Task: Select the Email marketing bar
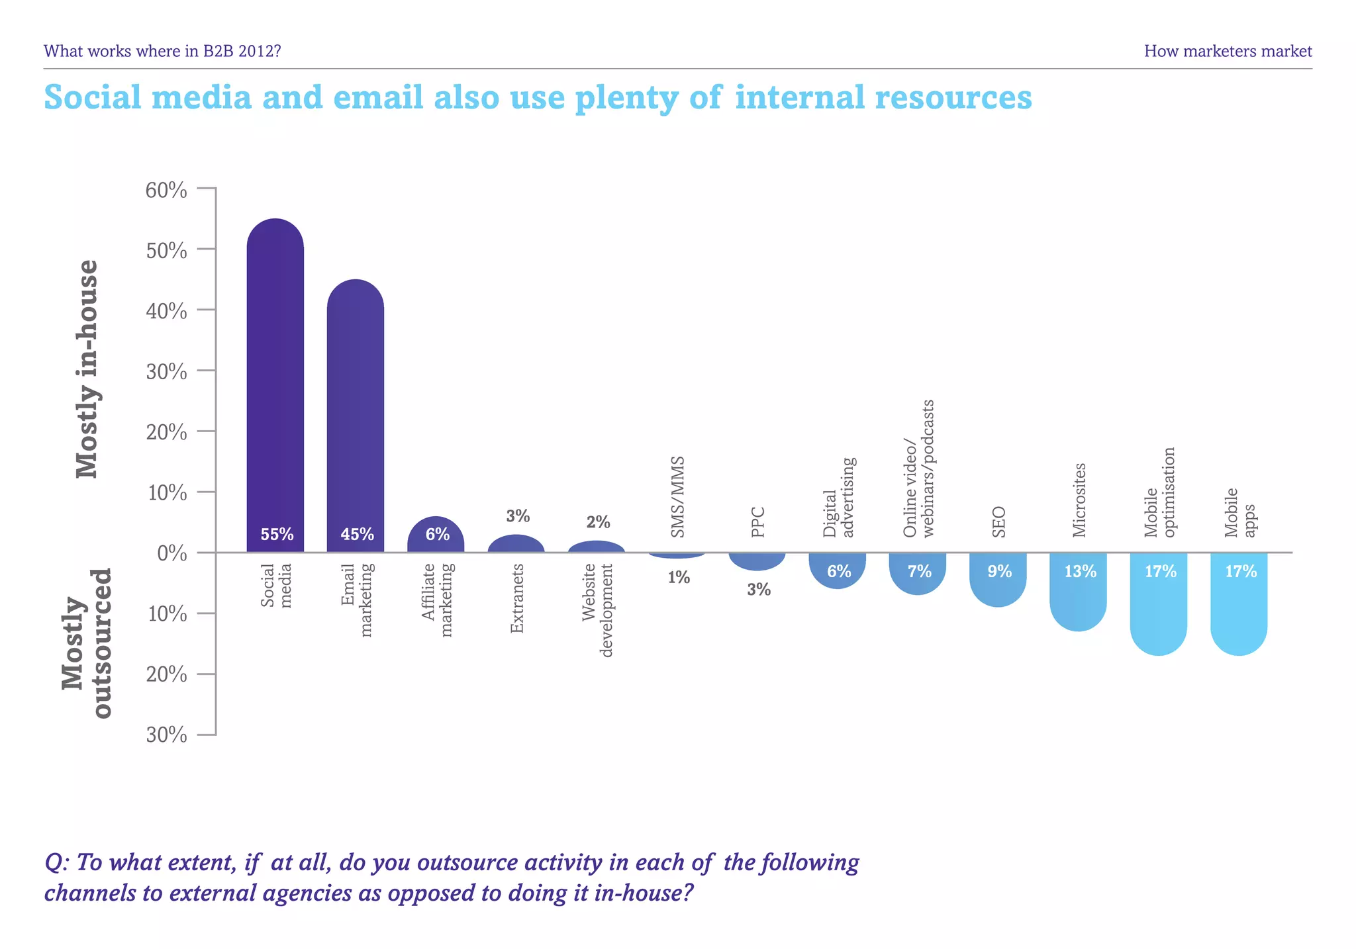(355, 417)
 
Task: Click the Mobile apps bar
(1238, 602)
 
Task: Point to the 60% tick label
(166, 191)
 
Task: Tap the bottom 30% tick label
(166, 735)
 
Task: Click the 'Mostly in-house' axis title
(87, 369)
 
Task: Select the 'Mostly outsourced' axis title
(87, 643)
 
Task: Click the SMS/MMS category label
(677, 496)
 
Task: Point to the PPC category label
(758, 522)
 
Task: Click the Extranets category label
(517, 598)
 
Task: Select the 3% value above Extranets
(518, 516)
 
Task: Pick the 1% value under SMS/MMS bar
(679, 578)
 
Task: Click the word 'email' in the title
(378, 97)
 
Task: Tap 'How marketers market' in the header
(1228, 51)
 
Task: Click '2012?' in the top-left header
(260, 51)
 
